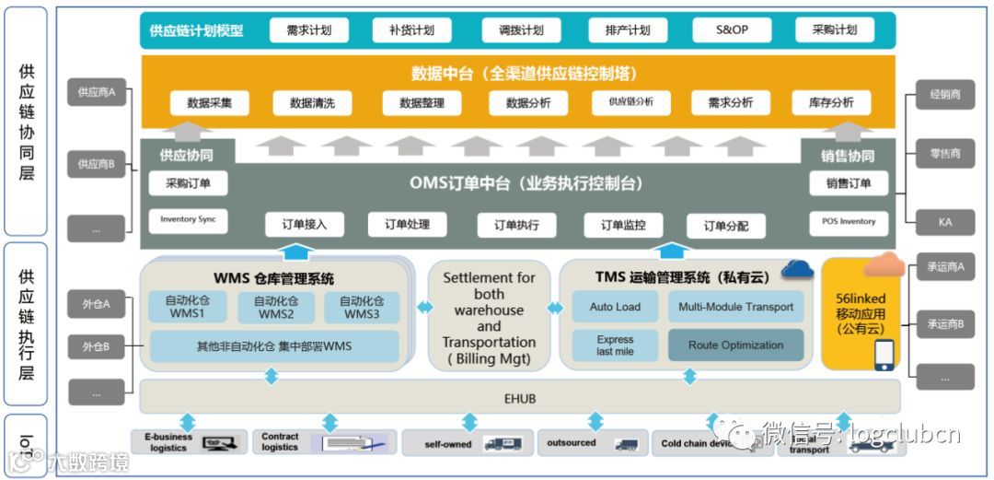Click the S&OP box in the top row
click(732, 30)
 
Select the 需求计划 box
click(308, 30)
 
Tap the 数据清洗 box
click(312, 103)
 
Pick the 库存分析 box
click(831, 103)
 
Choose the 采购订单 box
click(188, 183)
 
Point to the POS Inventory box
click(849, 221)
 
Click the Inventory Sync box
click(188, 220)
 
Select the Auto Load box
click(615, 307)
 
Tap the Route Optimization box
click(736, 345)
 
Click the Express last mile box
click(615, 345)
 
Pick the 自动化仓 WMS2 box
click(275, 308)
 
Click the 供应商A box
click(96, 92)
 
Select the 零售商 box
click(944, 154)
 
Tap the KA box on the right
click(944, 221)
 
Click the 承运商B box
click(945, 324)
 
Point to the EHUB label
click(520, 398)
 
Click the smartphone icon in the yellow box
click(884, 355)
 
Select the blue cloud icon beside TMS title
click(797, 269)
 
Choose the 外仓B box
click(96, 346)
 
